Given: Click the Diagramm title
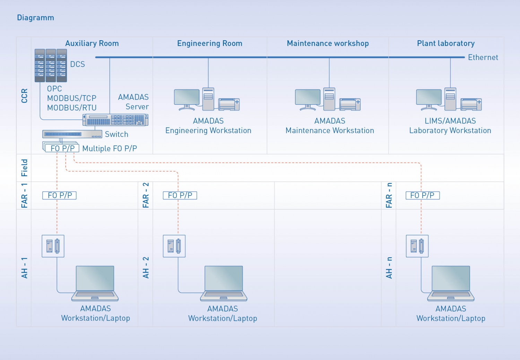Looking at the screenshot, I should coord(35,18).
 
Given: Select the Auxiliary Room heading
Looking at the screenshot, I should coord(92,43).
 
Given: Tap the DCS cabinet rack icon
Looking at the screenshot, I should coord(51,66).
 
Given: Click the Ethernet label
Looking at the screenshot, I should coord(483,58).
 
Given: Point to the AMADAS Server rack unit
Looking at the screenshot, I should coord(115,120).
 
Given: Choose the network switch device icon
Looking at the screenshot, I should coord(72,134).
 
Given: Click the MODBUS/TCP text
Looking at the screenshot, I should coord(72,98).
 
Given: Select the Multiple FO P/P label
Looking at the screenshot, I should coord(110,148).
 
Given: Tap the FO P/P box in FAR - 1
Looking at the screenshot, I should coord(59,195).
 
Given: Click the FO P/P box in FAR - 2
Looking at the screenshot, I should coord(180,195).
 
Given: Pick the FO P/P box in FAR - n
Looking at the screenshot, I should coord(422,195).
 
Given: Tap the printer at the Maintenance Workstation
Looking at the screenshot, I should coord(350,104).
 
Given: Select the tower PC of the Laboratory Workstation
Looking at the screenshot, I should coord(450,99).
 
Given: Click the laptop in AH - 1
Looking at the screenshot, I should coord(95,283).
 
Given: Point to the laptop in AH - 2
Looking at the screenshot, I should coord(224,283).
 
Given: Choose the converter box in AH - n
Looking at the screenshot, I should coord(417,246).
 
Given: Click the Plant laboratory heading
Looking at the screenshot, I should coord(445,43).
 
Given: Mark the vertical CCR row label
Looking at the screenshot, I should coord(24,96).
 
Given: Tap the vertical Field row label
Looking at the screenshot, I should coord(24,168).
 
